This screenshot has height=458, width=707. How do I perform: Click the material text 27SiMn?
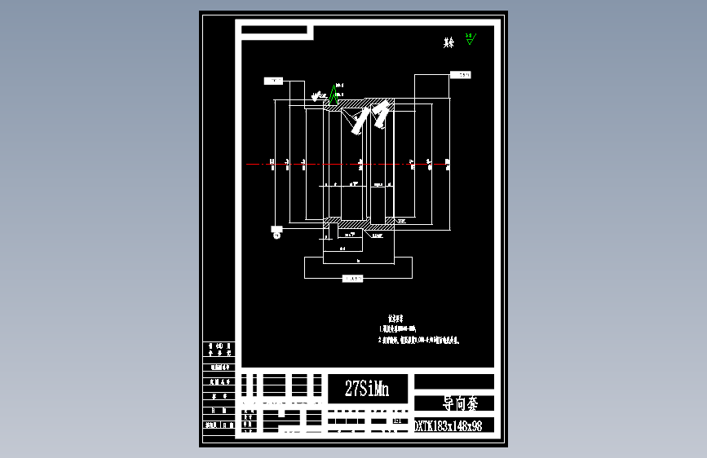[x=367, y=390]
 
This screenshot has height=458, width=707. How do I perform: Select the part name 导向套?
[x=454, y=403]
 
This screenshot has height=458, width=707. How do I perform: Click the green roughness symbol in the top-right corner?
[x=470, y=40]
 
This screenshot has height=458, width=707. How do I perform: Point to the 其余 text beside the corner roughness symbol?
[x=449, y=43]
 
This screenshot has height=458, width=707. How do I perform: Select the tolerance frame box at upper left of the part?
[x=272, y=81]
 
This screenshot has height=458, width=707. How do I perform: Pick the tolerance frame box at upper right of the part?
[x=463, y=76]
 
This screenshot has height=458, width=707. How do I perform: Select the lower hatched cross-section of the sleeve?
[x=359, y=222]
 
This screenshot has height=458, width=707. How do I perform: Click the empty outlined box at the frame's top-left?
[x=276, y=31]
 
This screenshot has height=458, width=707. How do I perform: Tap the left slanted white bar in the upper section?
[x=357, y=120]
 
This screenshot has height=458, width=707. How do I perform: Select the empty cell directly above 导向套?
[x=454, y=381]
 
